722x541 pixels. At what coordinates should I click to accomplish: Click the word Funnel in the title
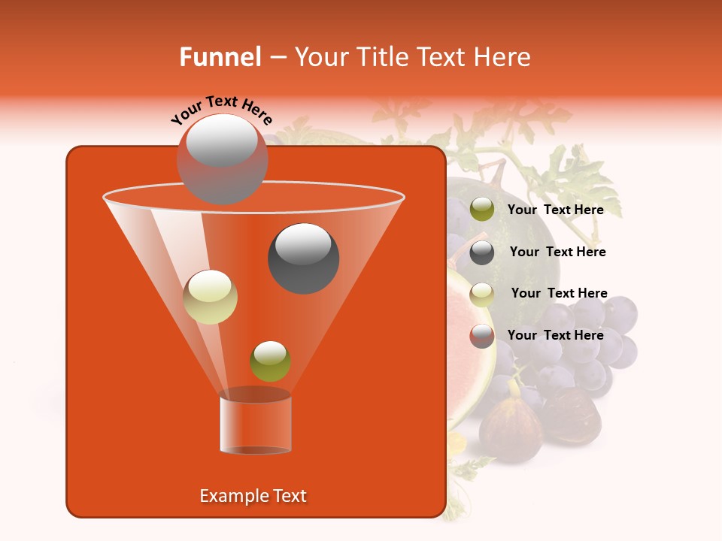pyautogui.click(x=220, y=57)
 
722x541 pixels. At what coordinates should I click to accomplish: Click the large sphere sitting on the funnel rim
pyautogui.click(x=222, y=159)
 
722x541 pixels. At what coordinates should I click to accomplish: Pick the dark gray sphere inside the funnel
pyautogui.click(x=304, y=258)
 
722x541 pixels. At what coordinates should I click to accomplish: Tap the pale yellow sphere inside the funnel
pyautogui.click(x=211, y=297)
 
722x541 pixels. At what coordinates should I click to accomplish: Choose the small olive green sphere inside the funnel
pyautogui.click(x=270, y=361)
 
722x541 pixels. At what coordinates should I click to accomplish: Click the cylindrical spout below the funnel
pyautogui.click(x=256, y=425)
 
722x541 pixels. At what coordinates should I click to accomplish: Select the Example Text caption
pyautogui.click(x=253, y=496)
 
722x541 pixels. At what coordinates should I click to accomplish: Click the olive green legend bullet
pyautogui.click(x=482, y=210)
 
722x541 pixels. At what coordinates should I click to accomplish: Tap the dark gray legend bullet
pyautogui.click(x=482, y=252)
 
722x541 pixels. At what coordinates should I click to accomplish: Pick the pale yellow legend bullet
pyautogui.click(x=482, y=294)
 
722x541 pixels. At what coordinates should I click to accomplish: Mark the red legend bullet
pyautogui.click(x=482, y=336)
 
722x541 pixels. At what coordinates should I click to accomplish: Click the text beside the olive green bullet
pyautogui.click(x=555, y=210)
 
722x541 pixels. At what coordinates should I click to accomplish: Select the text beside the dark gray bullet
pyautogui.click(x=557, y=252)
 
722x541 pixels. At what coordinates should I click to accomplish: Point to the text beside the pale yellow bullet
pyautogui.click(x=559, y=293)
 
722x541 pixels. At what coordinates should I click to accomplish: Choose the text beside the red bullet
pyautogui.click(x=555, y=335)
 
